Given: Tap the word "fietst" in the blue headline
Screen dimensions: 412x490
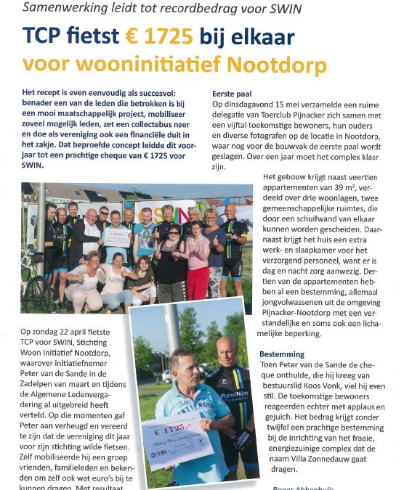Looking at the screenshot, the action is pyautogui.click(x=79, y=36).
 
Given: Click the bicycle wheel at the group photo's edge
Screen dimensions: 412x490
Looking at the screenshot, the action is pyautogui.click(x=36, y=291).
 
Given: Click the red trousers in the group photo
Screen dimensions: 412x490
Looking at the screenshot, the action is pyautogui.click(x=198, y=280).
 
